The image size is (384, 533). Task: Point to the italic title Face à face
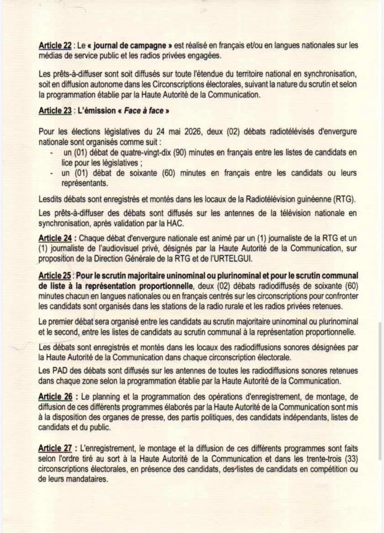[x=144, y=111]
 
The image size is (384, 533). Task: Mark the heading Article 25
[x=54, y=276]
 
